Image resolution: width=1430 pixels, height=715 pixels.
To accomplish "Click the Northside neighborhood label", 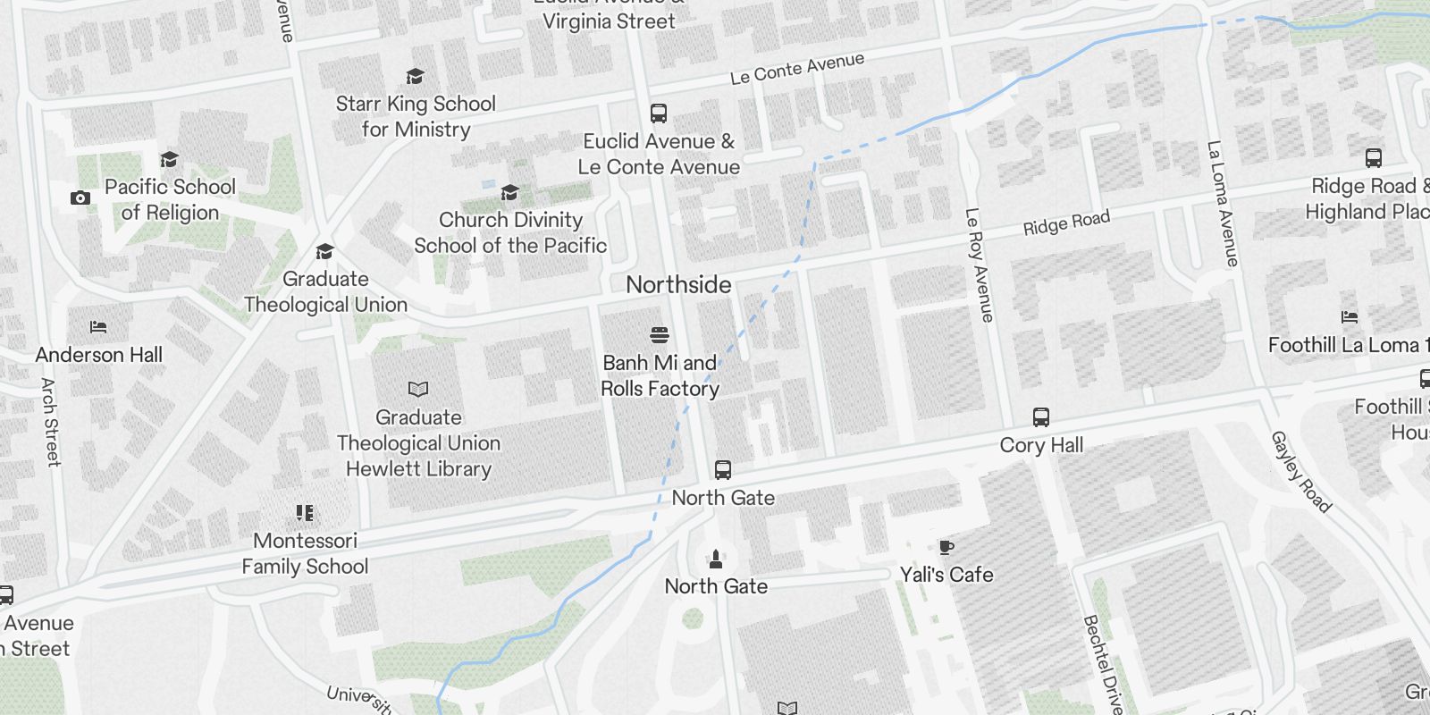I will pos(678,285).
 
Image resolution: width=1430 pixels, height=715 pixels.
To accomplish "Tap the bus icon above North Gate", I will pos(723,470).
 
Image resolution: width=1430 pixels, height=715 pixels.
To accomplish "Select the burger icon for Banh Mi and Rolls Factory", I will pos(660,335).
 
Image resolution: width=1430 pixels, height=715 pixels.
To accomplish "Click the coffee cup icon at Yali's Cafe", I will pos(946,547).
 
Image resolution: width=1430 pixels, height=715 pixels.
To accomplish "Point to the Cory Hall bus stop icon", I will pos(1041,417).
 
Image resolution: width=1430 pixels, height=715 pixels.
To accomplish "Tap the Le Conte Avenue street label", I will pos(797,69).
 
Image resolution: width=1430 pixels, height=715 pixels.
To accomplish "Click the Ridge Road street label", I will pos(1066,223).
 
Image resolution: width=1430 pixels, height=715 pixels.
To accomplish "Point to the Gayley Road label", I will pos(1300,472).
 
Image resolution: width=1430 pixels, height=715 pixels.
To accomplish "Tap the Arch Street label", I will pos(50,422).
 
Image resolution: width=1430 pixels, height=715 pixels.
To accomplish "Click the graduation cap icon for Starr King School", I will pos(415,77).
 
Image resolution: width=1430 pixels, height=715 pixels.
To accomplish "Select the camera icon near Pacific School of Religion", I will pos(80,198).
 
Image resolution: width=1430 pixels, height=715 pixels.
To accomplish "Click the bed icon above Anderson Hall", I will pos(98,327).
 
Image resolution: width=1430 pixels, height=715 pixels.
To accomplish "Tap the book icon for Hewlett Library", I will pos(418,389).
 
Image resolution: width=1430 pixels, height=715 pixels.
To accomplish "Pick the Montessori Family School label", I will pos(305,553).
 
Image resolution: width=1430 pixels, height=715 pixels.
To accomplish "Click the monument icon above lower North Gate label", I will pos(715,559).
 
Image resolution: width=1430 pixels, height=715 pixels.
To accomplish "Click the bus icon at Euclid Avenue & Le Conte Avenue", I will pos(659,114).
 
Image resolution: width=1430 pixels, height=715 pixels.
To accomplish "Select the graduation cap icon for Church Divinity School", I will pos(509,193).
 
